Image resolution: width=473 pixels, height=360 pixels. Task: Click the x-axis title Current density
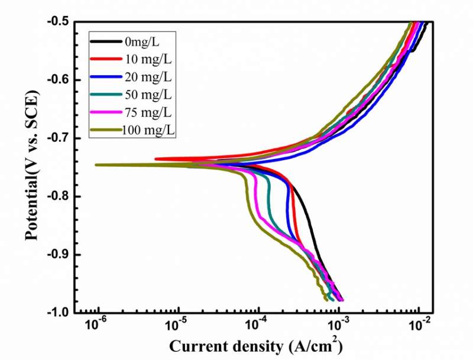257,345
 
